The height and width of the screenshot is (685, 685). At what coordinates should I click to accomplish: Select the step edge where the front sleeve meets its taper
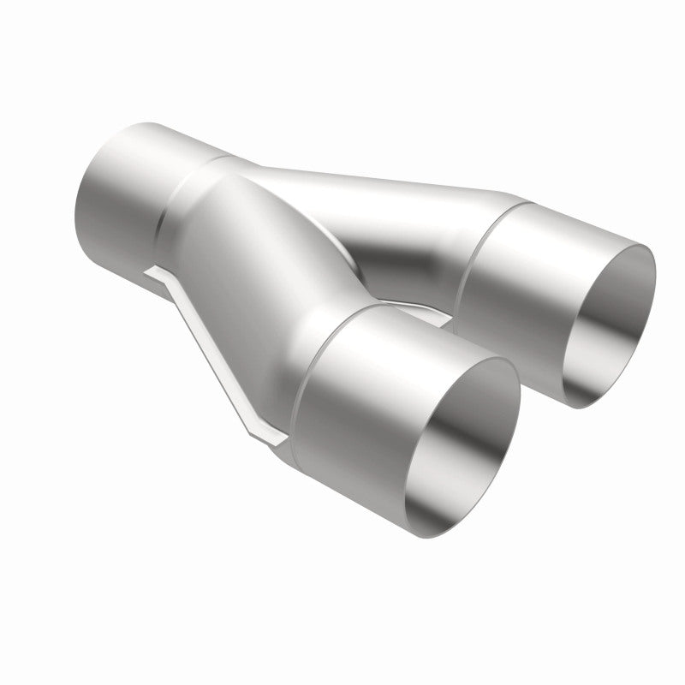(304, 377)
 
